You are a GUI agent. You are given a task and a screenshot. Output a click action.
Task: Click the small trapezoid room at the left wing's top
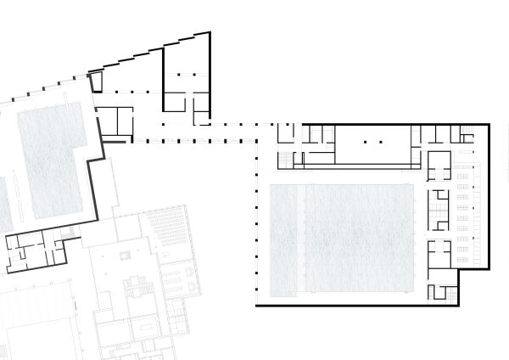96,82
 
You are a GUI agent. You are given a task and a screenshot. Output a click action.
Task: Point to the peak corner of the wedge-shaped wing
210,33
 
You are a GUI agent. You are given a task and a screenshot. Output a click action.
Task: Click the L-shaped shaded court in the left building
54,157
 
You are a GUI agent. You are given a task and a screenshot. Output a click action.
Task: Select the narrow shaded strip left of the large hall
284,239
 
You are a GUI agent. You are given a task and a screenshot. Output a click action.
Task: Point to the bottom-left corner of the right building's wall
257,304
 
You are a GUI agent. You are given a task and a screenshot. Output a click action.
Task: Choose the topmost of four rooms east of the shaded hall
439,165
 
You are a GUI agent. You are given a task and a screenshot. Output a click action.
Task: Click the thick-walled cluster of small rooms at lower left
34,251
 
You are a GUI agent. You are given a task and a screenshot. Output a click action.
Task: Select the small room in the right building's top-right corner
467,133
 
